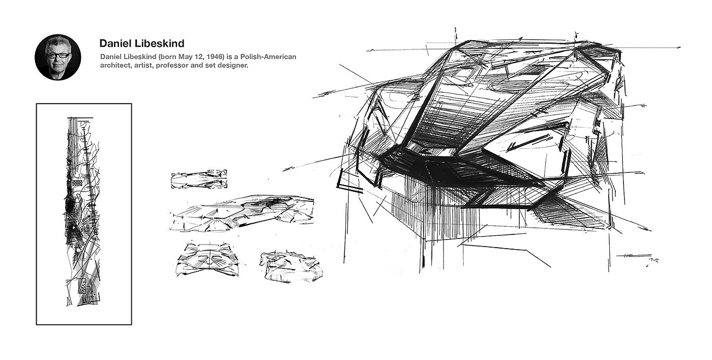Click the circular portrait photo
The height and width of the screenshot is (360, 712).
pyautogui.click(x=57, y=57)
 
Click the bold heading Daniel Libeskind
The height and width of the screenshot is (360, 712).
pyautogui.click(x=141, y=43)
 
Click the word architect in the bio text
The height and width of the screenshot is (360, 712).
pyautogui.click(x=115, y=66)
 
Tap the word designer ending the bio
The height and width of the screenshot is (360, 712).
pyautogui.click(x=232, y=66)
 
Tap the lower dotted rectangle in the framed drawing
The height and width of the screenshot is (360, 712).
pyautogui.click(x=82, y=288)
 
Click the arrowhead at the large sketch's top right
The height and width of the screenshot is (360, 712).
pyautogui.click(x=679, y=47)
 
